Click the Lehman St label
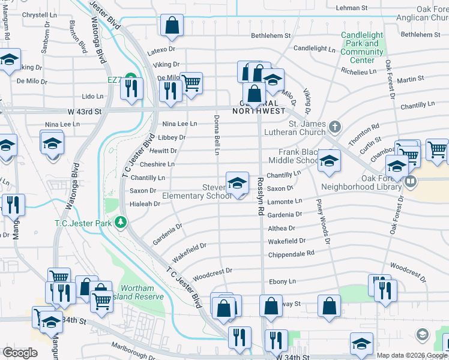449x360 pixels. tap(351, 8)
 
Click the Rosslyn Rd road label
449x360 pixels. tap(261, 201)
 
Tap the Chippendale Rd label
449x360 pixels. tap(291, 253)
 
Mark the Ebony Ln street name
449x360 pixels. tap(283, 281)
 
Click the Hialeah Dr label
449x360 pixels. tap(145, 204)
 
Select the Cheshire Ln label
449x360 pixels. tap(157, 164)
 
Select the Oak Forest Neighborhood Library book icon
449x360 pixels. tap(411, 181)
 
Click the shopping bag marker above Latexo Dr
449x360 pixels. tap(172, 26)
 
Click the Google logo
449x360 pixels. tap(20, 353)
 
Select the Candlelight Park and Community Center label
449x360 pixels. tap(362, 48)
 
